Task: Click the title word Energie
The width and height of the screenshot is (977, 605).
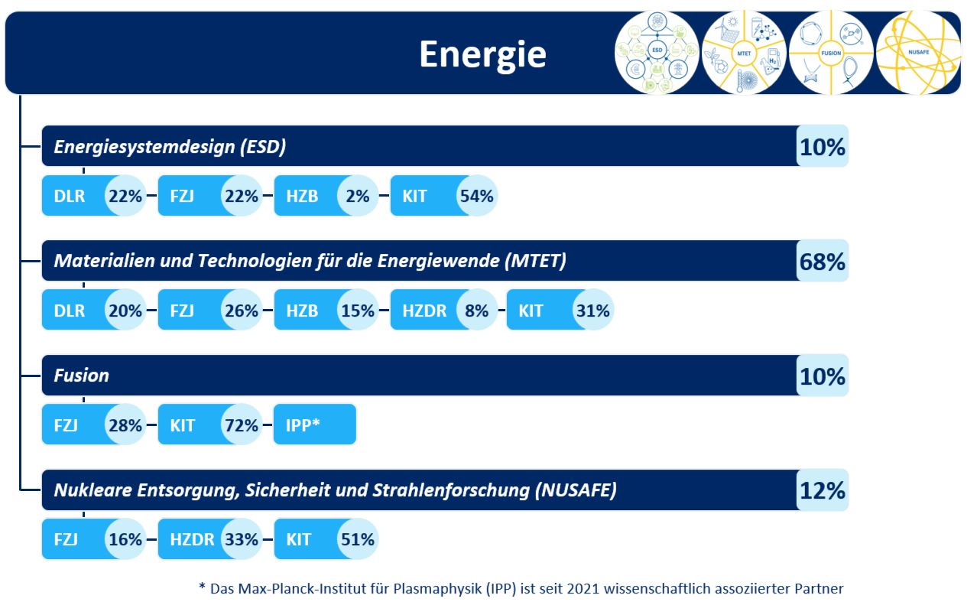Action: pos(482,54)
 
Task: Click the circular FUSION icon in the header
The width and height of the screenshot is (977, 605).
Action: pos(830,53)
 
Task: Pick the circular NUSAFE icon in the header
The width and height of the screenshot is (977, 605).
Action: pos(917,53)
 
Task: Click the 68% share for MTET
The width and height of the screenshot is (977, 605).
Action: pos(823,262)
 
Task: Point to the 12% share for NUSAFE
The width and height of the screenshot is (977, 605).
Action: pos(823,490)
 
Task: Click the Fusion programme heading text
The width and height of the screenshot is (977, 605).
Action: pos(81,376)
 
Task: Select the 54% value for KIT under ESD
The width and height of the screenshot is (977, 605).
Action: pos(476,196)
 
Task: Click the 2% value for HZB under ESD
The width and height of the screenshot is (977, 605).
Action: pos(358,196)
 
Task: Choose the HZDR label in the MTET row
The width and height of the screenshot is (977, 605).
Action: pos(424,311)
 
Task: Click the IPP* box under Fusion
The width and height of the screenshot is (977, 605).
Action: pos(314,424)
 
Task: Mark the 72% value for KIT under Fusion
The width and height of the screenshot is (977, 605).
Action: pos(241,424)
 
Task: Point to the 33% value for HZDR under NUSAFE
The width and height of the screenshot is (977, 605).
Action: pos(241,539)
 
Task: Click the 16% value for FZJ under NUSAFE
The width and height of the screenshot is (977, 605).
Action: pos(125,539)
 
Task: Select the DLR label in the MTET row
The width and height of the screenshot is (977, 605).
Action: pos(70,311)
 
